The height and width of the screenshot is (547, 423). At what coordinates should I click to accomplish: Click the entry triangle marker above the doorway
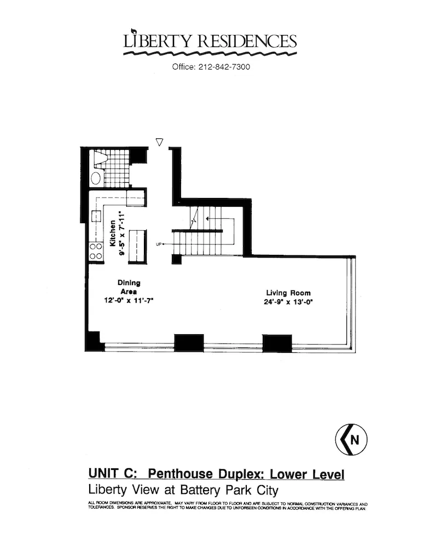(x=159, y=142)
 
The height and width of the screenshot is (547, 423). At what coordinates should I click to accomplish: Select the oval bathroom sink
(x=96, y=178)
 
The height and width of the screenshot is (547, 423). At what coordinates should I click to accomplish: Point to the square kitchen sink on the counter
(x=97, y=216)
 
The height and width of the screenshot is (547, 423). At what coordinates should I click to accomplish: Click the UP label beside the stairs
(x=159, y=244)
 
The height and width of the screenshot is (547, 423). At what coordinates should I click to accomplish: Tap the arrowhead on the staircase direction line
(x=173, y=244)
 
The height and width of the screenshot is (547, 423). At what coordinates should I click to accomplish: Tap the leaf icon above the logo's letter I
(x=134, y=31)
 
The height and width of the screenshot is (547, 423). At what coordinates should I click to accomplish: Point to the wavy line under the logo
(x=210, y=54)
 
